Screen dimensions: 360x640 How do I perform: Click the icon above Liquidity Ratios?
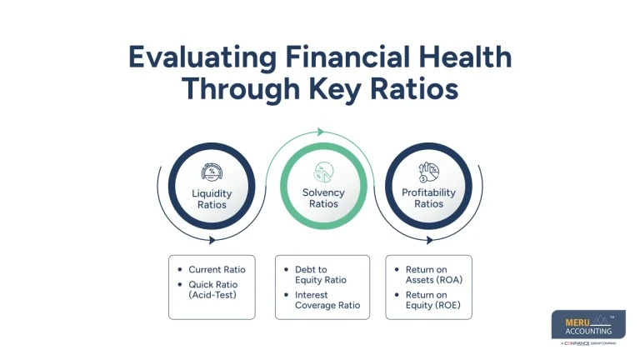click(212, 172)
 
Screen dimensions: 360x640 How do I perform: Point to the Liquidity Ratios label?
click(212, 199)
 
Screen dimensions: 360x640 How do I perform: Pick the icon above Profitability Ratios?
click(429, 172)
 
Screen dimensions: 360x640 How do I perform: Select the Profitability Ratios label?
click(429, 198)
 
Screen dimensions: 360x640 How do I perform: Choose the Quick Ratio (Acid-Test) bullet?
click(216, 288)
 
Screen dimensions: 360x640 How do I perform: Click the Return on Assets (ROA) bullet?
click(433, 275)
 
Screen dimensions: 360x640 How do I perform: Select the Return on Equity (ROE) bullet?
click(433, 300)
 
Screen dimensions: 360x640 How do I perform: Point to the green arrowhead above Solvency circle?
click(319, 132)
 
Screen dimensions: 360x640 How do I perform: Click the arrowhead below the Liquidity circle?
click(213, 240)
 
